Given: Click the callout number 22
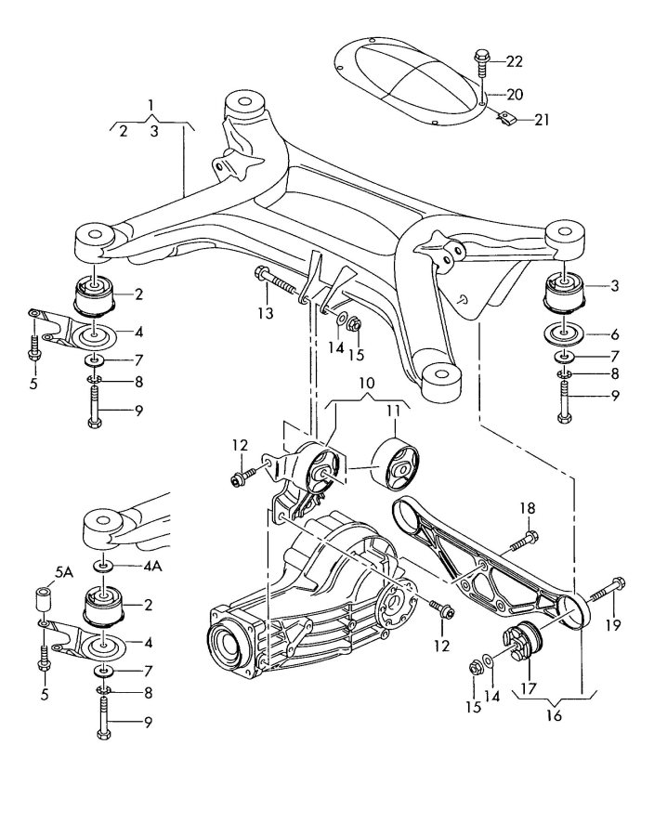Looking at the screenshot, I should click(x=514, y=61).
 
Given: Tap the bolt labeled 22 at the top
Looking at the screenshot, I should click(x=482, y=62).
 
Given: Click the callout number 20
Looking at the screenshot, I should click(x=514, y=94).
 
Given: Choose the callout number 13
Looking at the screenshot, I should click(x=267, y=314).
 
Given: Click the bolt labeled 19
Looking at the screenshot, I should click(x=598, y=589).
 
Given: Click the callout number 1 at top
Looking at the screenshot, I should click(x=151, y=104).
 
